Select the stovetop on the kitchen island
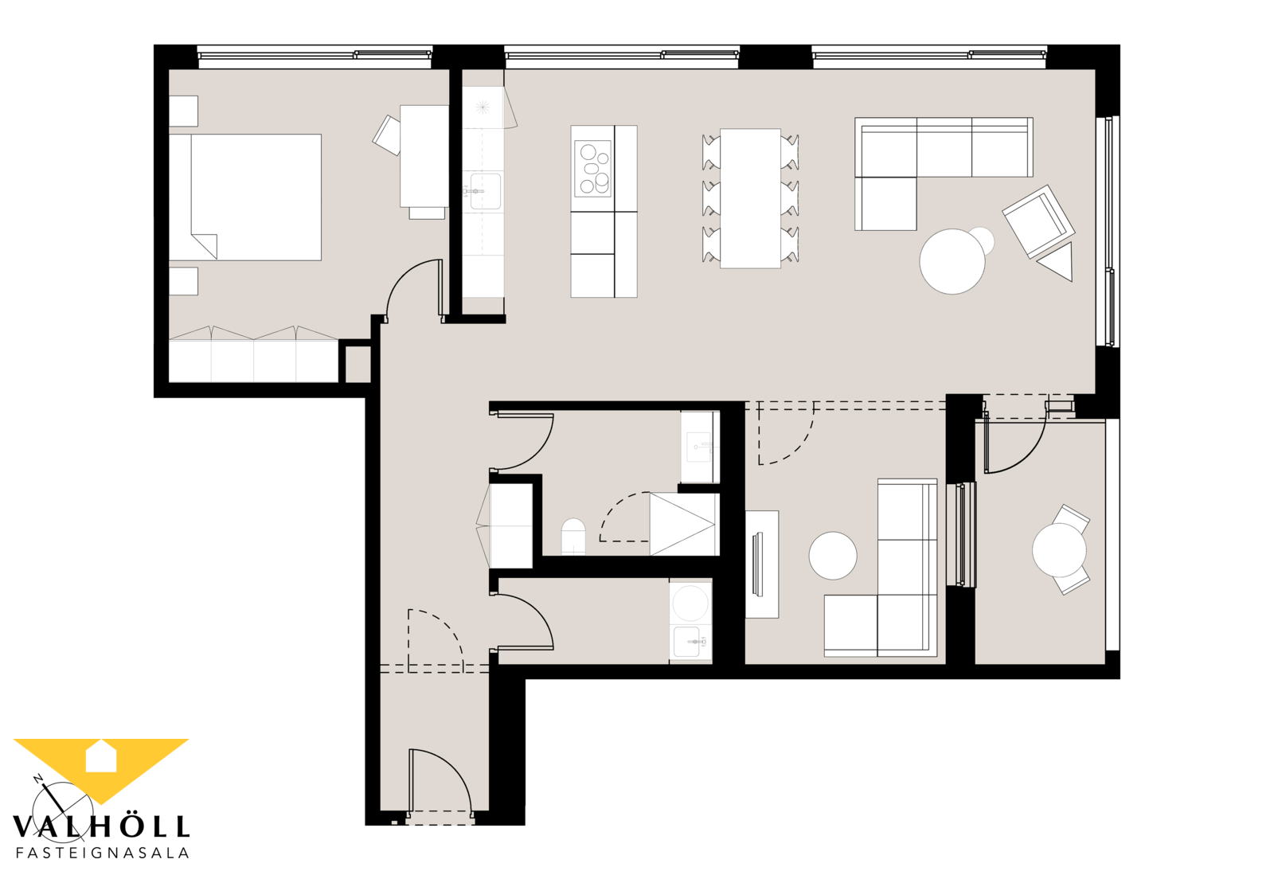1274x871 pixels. [592, 168]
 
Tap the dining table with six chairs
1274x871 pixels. [750, 198]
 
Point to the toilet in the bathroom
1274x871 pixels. [573, 536]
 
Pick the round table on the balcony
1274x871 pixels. [1059, 550]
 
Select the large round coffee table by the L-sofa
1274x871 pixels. [952, 261]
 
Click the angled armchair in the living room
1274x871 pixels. [1038, 221]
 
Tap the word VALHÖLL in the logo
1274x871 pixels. [100, 826]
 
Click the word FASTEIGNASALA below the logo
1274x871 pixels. [103, 853]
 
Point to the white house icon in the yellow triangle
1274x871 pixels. [100, 756]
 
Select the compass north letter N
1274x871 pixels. [39, 779]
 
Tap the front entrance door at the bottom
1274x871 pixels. [440, 784]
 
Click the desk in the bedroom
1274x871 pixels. [424, 156]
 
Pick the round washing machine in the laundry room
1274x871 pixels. [690, 603]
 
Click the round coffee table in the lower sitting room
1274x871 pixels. [833, 556]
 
